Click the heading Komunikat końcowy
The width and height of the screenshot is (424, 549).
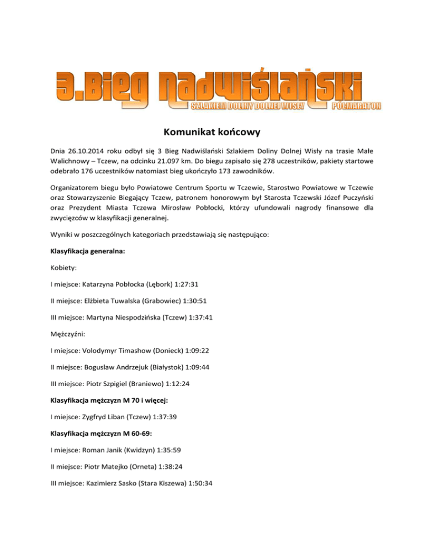211,133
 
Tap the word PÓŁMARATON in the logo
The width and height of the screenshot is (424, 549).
357,105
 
